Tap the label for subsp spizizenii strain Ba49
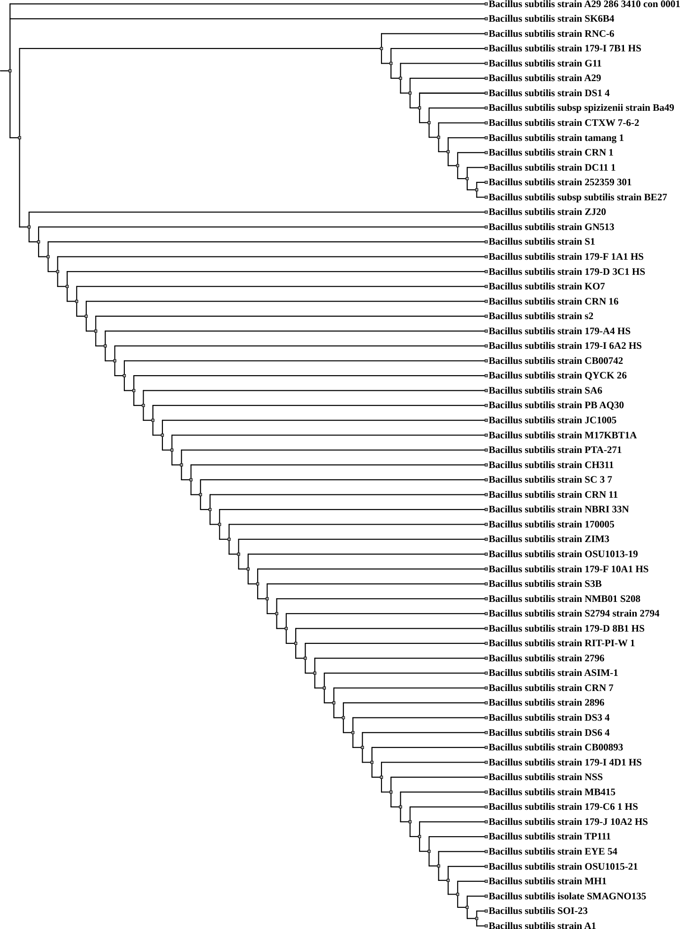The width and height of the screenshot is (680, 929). [x=581, y=108]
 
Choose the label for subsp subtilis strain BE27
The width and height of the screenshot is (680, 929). [x=577, y=197]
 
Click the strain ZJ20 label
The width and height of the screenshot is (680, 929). [x=547, y=212]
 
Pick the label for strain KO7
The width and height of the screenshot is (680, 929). [x=546, y=287]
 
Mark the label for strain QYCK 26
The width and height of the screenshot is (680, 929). [x=558, y=376]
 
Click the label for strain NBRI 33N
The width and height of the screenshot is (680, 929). [x=559, y=510]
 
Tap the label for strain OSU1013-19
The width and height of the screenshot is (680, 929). [x=563, y=554]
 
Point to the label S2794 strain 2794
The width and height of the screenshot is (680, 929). [x=574, y=614]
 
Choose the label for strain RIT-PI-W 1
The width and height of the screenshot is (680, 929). [x=561, y=643]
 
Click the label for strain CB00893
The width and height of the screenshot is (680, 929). [x=556, y=748]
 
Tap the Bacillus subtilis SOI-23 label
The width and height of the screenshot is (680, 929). [x=538, y=911]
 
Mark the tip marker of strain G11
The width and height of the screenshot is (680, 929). [x=486, y=64]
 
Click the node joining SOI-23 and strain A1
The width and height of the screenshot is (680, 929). [x=477, y=919]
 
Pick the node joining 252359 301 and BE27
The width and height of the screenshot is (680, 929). [x=477, y=190]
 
